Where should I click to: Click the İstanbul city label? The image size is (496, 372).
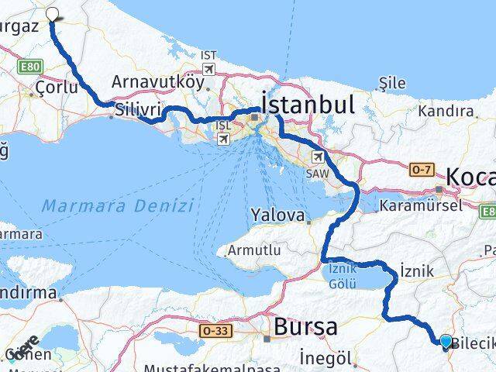coord(308,103)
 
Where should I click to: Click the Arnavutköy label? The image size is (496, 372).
coord(157,81)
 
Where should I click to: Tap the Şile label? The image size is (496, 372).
coord(391,81)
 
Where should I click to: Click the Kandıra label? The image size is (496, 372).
coord(446,111)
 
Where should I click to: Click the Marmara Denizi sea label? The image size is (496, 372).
coord(117,206)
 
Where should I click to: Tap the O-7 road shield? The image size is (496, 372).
coord(423,170)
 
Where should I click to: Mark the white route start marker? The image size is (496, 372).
coord(53,13)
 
